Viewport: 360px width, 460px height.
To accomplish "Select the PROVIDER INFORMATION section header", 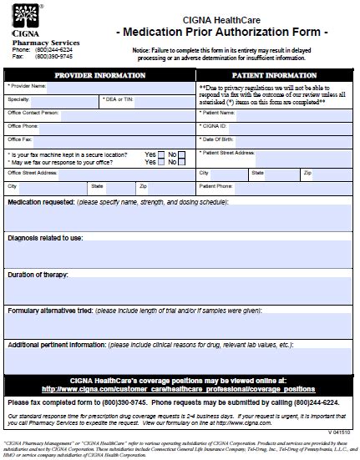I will click(101, 74).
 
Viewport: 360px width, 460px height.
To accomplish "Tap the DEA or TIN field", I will click(158, 99).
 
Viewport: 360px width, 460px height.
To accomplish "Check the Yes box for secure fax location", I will click(161, 154).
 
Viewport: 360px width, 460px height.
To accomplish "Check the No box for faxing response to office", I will click(182, 162).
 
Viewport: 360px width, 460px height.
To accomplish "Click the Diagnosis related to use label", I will click(45, 238).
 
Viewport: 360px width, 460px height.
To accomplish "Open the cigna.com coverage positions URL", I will click(179, 365).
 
